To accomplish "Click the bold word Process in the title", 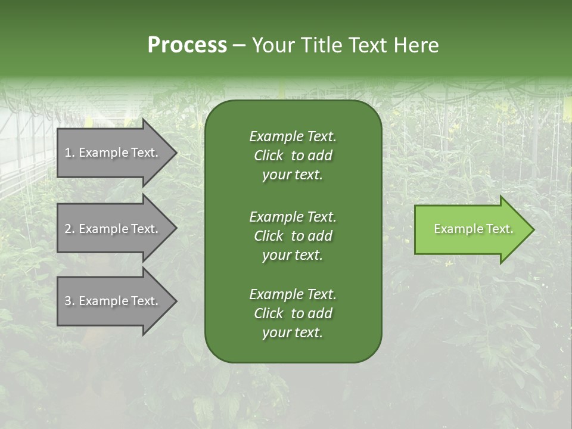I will pyautogui.click(x=187, y=45).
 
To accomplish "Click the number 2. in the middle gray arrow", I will pyautogui.click(x=70, y=229).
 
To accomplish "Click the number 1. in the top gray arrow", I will pyautogui.click(x=70, y=153).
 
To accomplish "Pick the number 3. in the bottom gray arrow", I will pyautogui.click(x=70, y=301).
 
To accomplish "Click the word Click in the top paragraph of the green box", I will pyautogui.click(x=269, y=156).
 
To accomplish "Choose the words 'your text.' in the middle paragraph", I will pyautogui.click(x=293, y=255).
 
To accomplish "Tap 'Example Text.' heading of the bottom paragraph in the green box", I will pyautogui.click(x=293, y=294).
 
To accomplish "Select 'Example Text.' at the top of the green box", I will pyautogui.click(x=293, y=136).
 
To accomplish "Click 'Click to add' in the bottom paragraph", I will pyautogui.click(x=293, y=313).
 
